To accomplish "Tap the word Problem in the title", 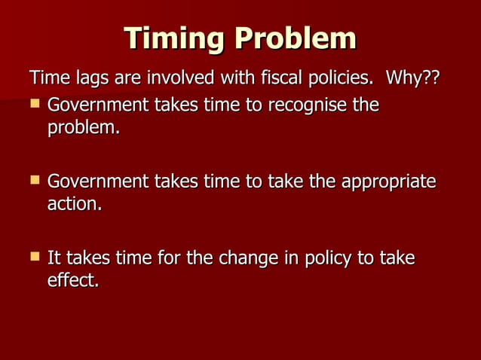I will [295, 38].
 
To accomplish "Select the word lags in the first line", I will [83, 78].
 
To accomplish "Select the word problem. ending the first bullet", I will [84, 128].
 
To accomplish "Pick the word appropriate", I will [388, 182].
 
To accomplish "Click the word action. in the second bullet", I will [74, 205].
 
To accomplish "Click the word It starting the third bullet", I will [54, 259].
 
